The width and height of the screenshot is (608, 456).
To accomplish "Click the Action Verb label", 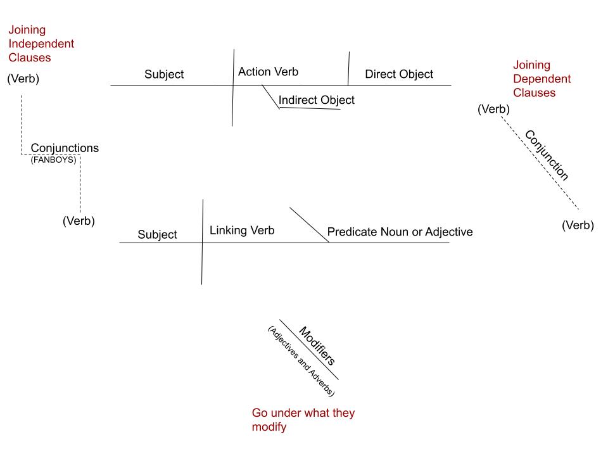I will pyautogui.click(x=268, y=72).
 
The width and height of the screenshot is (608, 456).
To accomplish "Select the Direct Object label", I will pyautogui.click(x=399, y=74).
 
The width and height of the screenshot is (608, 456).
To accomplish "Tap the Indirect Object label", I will pyautogui.click(x=316, y=100).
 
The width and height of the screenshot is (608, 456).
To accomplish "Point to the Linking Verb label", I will pyautogui.click(x=242, y=231).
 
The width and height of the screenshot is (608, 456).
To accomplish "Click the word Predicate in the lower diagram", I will pyautogui.click(x=352, y=232).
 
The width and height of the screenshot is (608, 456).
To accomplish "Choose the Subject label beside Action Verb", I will pyautogui.click(x=164, y=74).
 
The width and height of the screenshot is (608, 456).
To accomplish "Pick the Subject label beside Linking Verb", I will pyautogui.click(x=157, y=234).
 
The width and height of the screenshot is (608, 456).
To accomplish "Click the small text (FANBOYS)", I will pyautogui.click(x=53, y=160).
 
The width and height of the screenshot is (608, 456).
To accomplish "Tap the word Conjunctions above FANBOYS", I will pyautogui.click(x=65, y=148).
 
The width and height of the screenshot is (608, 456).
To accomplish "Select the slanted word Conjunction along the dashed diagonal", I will pyautogui.click(x=547, y=155).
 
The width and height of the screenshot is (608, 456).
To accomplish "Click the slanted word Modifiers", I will pyautogui.click(x=317, y=346).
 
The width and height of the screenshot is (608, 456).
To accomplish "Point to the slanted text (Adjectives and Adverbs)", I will pyautogui.click(x=300, y=362).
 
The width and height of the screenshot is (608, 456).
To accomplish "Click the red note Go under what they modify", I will pyautogui.click(x=303, y=420).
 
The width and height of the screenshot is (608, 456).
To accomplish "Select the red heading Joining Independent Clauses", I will pyautogui.click(x=41, y=44).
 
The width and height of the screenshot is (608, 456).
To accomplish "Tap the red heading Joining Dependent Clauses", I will pyautogui.click(x=541, y=79).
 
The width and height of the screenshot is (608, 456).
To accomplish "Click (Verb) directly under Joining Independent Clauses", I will pyautogui.click(x=23, y=79).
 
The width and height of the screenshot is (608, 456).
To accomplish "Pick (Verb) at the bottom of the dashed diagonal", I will pyautogui.click(x=578, y=225).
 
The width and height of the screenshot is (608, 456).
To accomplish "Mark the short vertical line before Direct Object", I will pyautogui.click(x=348, y=68).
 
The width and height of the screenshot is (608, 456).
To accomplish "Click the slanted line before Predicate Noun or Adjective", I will pyautogui.click(x=309, y=225).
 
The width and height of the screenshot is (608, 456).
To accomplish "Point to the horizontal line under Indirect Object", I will pyautogui.click(x=310, y=108).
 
